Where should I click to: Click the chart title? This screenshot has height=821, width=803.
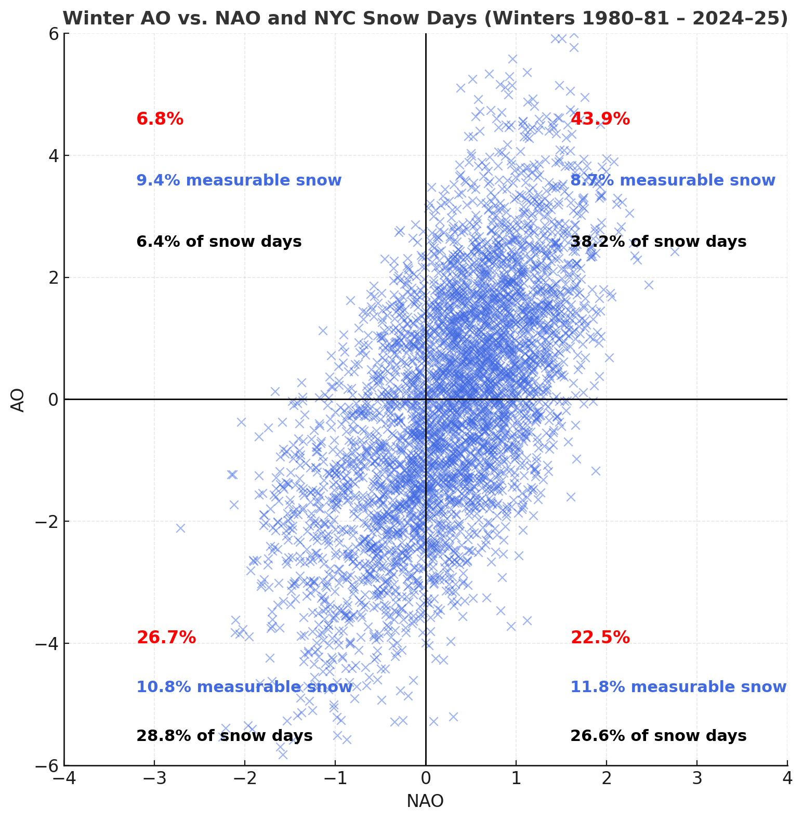pos(425,19)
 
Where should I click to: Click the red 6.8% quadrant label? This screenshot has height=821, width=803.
pos(160,119)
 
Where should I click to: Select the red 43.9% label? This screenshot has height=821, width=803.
pos(600,119)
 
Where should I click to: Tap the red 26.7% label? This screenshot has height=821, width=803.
pos(166,637)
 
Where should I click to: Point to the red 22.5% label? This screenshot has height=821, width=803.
pos(600,637)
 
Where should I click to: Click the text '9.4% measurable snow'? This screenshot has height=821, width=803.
pos(239,180)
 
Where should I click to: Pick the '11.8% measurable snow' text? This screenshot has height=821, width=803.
pos(678,687)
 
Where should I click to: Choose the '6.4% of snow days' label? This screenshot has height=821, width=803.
pos(219,242)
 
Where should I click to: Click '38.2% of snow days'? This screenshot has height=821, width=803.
pos(658,242)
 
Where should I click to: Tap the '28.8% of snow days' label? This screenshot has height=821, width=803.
pos(224,736)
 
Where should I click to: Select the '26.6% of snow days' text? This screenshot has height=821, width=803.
pos(658,736)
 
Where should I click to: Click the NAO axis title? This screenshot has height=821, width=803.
pos(425,801)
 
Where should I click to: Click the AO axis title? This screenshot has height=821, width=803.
pos(18,400)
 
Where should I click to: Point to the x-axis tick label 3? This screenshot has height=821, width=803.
pos(697,778)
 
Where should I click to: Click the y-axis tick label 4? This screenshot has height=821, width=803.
pos(51,155)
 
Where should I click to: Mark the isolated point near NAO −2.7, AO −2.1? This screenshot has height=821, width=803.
pos(180,528)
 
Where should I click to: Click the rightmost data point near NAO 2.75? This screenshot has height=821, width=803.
pos(675,251)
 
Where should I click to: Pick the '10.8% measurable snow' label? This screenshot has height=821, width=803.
pos(244,687)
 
